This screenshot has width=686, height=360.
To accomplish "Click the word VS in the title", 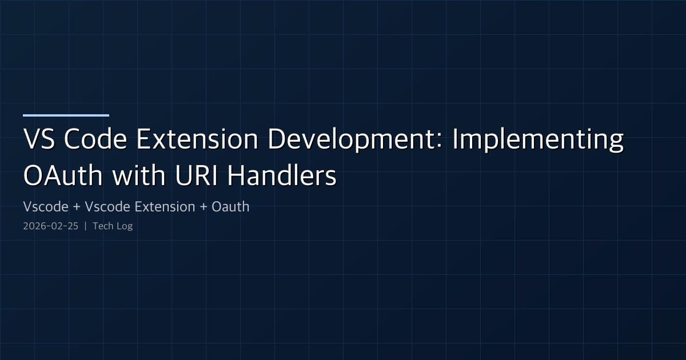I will point(39,141).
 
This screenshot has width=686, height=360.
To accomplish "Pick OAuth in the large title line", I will point(63,176).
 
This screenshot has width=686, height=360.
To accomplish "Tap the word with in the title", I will point(135,176).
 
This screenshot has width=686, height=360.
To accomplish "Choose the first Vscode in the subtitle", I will point(44,207).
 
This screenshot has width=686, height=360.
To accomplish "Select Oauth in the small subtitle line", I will point(230,207).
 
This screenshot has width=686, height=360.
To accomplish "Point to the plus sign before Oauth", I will point(204,207).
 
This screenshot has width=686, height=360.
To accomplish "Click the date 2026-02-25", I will point(50,226).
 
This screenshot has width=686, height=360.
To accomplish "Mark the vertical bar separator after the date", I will point(85,226).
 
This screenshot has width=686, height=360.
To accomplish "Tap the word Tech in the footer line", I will point(103,226).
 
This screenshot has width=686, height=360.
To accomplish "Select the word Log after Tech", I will point(124,226).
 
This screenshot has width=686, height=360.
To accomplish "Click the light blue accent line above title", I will point(66,115).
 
